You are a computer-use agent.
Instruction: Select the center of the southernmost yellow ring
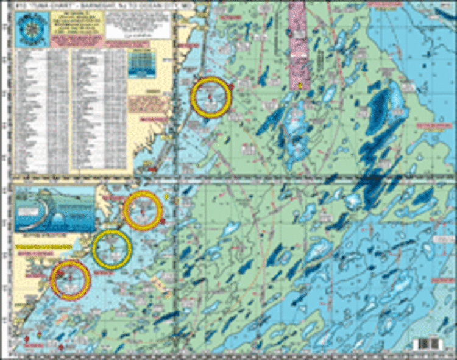[x=71, y=280]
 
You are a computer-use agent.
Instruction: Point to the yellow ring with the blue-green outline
[x=112, y=249]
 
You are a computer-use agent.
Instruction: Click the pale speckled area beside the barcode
[x=402, y=342]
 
